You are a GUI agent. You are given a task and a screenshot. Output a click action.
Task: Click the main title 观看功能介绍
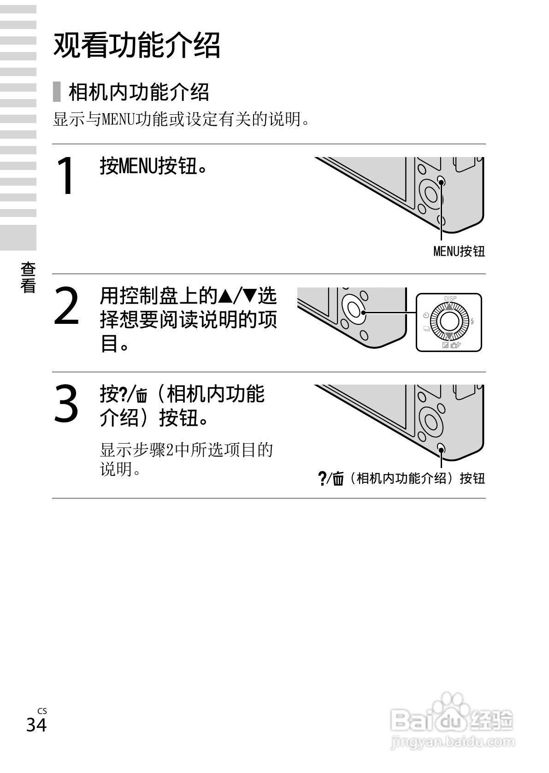coord(137,45)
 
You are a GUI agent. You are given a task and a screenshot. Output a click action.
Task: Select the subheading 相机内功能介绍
coord(138,92)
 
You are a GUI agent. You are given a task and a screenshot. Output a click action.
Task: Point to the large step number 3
coord(67,404)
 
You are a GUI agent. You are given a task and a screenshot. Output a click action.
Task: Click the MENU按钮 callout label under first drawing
coord(459,252)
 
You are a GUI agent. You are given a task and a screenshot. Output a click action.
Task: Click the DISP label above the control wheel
coord(450,299)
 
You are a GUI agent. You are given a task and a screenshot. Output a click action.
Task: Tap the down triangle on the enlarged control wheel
coord(449,336)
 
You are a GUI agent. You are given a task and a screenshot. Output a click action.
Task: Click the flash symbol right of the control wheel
coord(472,322)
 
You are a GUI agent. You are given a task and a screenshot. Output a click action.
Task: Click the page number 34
coord(36,725)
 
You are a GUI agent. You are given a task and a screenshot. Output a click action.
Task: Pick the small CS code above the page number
coord(42,711)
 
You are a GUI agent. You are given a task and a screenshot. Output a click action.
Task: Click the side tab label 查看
coord(29,277)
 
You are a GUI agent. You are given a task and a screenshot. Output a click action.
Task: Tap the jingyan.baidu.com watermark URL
coord(452,742)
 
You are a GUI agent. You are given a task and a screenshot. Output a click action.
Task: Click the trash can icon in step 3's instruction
coord(142,396)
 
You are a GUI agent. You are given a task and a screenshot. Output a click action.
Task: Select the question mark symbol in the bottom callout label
coord(322,479)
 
